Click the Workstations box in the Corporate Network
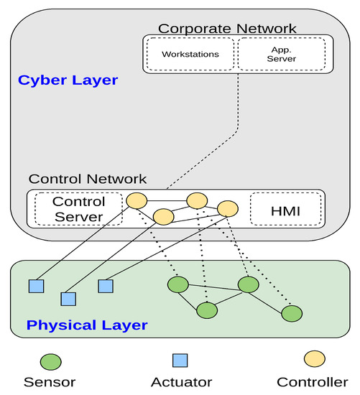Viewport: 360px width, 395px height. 190,54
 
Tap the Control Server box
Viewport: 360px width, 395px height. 78,209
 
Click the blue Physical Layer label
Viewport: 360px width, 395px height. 87,325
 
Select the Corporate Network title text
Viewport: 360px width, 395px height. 227,29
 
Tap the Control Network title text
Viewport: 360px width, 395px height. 87,179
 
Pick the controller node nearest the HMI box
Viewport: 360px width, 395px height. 228,208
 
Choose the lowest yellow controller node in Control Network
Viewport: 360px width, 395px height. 164,215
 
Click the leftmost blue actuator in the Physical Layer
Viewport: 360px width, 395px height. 36,286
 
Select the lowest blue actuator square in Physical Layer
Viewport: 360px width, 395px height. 69,298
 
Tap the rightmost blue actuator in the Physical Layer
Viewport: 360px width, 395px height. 106,286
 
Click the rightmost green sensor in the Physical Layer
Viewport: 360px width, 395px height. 292,314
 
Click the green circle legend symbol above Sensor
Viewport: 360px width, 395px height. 51,360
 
